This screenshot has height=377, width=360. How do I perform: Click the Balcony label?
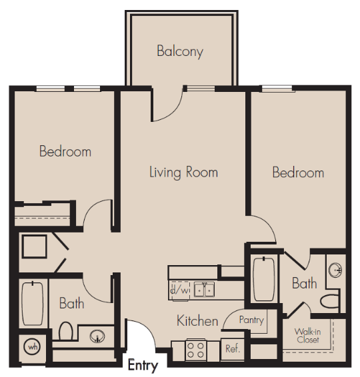[x=180, y=51]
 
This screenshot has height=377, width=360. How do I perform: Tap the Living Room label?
[x=183, y=173]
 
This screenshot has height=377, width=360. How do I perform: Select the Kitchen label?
[x=197, y=321]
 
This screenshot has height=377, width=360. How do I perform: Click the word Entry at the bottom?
[x=143, y=366]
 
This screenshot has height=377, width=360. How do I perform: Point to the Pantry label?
[x=251, y=320]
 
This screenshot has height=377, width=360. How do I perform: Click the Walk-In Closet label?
[x=307, y=336]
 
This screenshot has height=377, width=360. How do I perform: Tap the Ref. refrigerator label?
[x=233, y=348]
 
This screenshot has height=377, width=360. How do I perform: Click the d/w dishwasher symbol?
[x=179, y=290]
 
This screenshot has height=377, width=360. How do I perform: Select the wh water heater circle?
[x=33, y=347]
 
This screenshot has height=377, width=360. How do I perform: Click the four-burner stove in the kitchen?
[x=195, y=350]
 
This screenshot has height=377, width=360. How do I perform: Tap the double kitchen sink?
[x=204, y=290]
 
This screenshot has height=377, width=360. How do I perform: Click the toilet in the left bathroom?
[x=66, y=331]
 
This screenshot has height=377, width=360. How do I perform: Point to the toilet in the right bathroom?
[x=329, y=301]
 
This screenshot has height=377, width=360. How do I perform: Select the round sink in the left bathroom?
[x=97, y=336]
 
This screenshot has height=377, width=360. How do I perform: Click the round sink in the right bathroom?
[x=335, y=270]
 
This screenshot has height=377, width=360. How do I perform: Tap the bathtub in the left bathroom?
[x=33, y=304]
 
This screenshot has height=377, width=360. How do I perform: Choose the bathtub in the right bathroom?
[x=264, y=279]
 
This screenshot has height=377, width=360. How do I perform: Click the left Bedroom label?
[x=65, y=151]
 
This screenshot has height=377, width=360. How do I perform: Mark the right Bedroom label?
[x=298, y=173]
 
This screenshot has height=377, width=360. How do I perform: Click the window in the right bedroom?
[x=277, y=89]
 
